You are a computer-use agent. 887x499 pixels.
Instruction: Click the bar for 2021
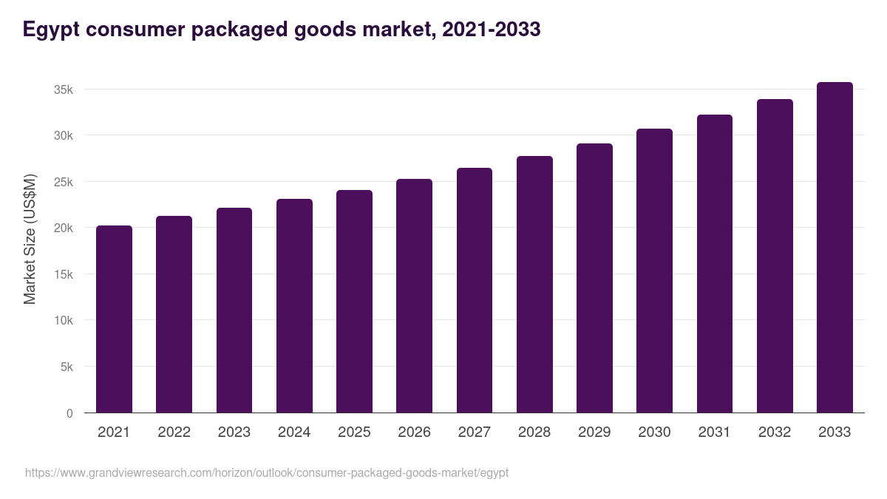coord(114,319)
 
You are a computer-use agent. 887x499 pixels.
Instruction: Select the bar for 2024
coord(294,306)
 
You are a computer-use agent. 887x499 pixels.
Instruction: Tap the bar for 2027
coord(475,291)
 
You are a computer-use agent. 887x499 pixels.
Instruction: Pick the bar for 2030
coord(654,271)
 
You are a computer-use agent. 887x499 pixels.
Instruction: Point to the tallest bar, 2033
coord(835,248)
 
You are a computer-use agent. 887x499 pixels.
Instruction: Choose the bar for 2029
coord(594,278)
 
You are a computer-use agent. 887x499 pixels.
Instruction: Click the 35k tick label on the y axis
coord(63,89)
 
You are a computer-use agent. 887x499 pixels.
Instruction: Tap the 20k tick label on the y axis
coord(63,228)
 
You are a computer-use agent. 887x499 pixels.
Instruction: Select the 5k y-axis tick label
coord(66,367)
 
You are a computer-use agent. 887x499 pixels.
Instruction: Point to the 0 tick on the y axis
coord(69,413)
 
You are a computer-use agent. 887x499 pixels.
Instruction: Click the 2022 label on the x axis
coord(174,432)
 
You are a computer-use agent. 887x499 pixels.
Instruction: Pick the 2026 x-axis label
coord(414,432)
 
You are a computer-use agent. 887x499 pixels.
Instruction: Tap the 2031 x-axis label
coord(714,432)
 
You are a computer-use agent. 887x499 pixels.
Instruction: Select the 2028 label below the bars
coord(534,432)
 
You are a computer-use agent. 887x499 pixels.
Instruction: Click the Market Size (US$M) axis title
coord(30,239)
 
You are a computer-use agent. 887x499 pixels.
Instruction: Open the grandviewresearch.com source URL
coord(267,472)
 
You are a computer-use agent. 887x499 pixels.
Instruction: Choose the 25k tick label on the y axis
coord(63,182)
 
